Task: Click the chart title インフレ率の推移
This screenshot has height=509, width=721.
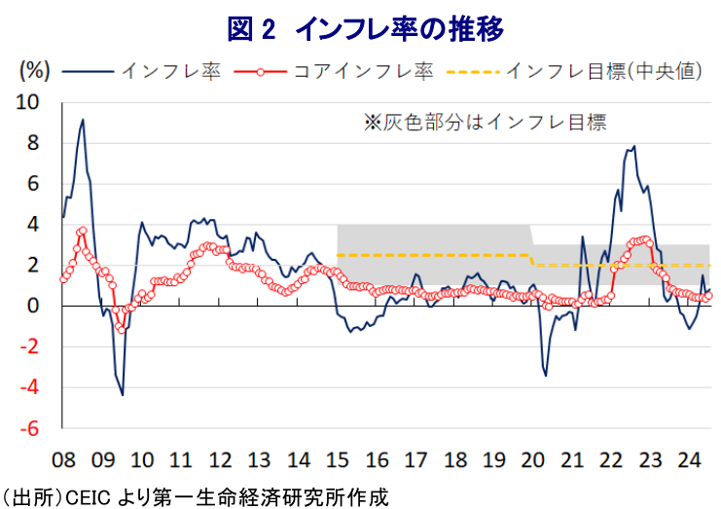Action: click(365, 28)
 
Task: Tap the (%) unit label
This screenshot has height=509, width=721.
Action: click(34, 70)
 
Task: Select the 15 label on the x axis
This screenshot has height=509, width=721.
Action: click(337, 458)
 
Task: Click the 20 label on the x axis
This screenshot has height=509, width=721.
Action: click(532, 458)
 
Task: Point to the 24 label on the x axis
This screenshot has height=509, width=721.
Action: click(689, 458)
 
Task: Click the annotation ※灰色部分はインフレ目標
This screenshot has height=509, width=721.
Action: click(484, 123)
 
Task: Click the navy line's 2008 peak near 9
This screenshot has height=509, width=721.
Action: click(83, 120)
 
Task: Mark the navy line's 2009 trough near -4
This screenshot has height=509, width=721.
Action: click(123, 394)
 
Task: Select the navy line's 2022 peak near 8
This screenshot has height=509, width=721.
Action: click(634, 147)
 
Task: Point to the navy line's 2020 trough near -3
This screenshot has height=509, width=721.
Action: click(546, 375)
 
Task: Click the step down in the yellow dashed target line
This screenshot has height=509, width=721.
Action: click(532, 260)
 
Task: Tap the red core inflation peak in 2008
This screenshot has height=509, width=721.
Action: click(83, 231)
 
